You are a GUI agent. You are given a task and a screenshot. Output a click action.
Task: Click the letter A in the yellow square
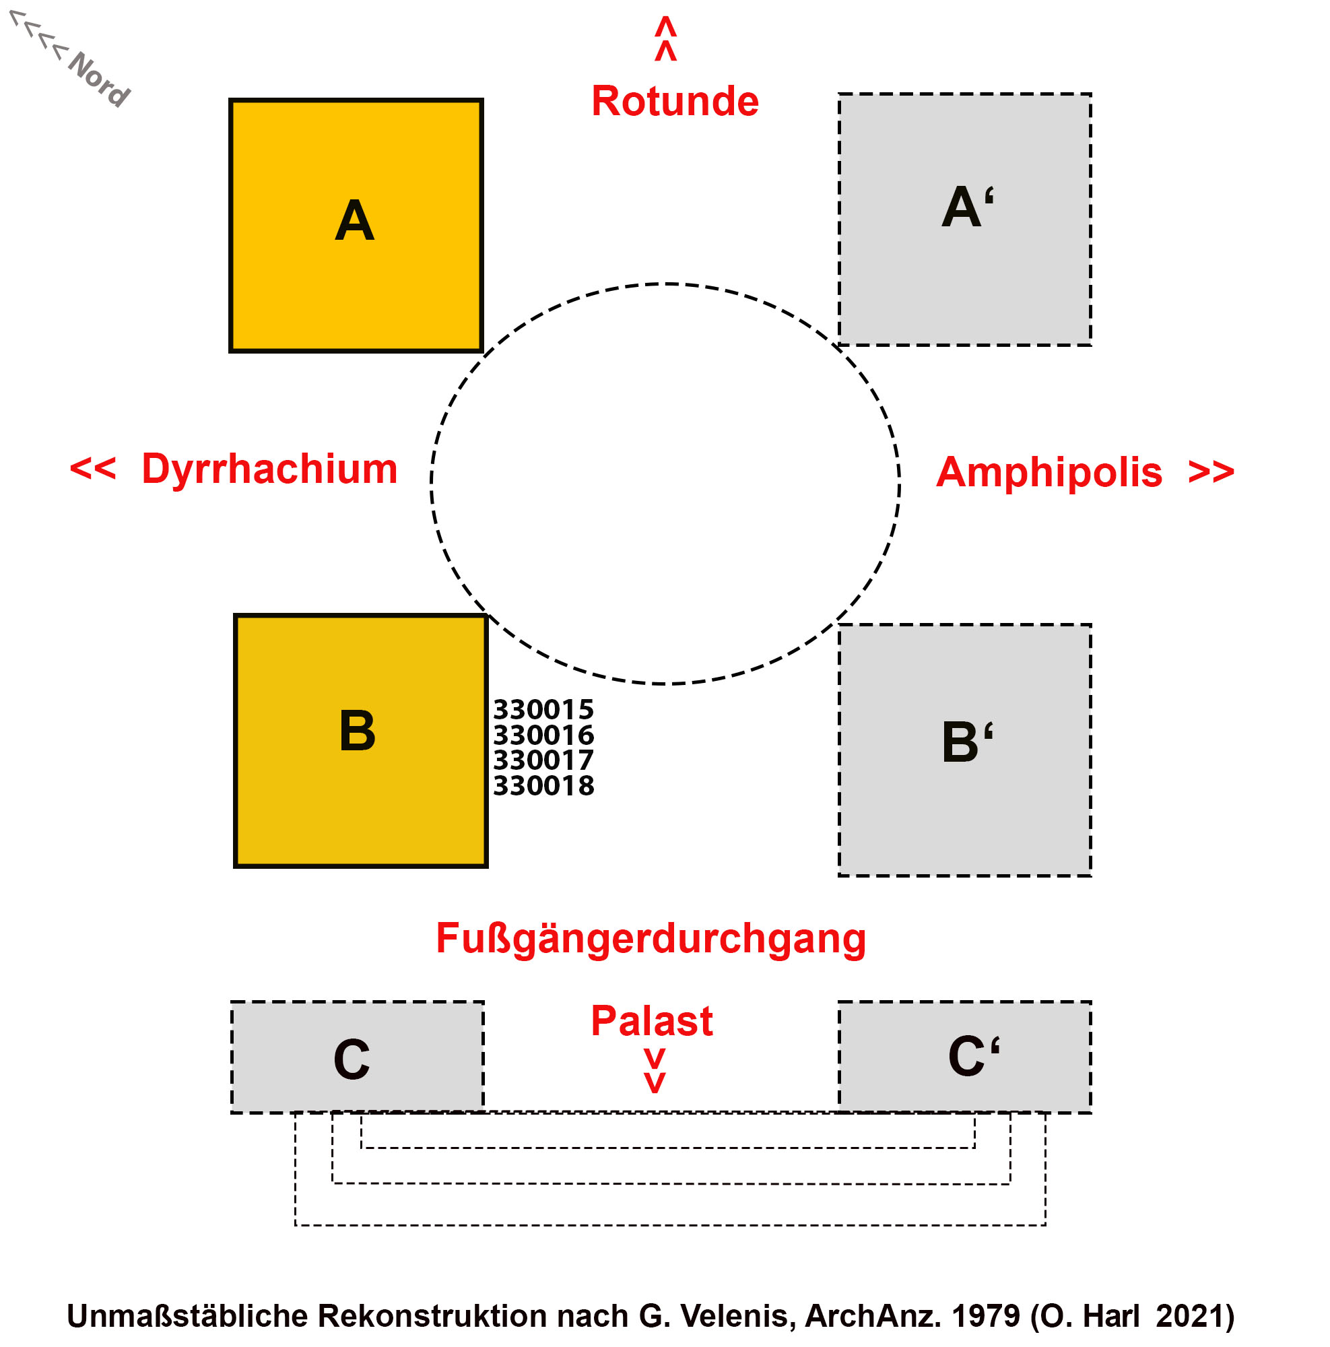click(354, 221)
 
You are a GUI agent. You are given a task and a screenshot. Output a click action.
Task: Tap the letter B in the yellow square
click(357, 731)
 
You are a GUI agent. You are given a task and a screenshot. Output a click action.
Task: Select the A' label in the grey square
click(967, 207)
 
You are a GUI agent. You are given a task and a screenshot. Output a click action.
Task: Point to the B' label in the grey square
click(967, 742)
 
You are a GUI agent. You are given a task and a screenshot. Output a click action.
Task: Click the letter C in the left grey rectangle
click(352, 1059)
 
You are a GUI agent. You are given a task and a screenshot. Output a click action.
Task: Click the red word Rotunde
click(674, 101)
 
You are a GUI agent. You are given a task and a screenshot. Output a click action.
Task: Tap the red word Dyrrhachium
click(269, 469)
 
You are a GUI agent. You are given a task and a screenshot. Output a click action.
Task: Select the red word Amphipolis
click(1049, 472)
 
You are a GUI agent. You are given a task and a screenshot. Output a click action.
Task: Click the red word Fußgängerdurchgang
click(651, 938)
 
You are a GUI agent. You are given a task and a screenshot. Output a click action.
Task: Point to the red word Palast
click(651, 1022)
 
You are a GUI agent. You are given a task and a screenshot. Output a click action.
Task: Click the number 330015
click(543, 710)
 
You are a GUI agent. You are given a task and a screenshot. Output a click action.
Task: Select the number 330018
click(543, 786)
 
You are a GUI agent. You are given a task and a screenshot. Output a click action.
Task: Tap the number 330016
click(543, 735)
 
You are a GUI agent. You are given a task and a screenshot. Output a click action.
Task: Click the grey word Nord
click(99, 79)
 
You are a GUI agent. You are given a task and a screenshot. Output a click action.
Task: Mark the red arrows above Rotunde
click(665, 39)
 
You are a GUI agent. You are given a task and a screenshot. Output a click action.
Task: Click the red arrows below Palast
click(654, 1071)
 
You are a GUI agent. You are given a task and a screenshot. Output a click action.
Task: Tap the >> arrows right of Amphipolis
click(1211, 472)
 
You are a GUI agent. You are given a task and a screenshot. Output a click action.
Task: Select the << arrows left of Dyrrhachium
click(93, 469)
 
